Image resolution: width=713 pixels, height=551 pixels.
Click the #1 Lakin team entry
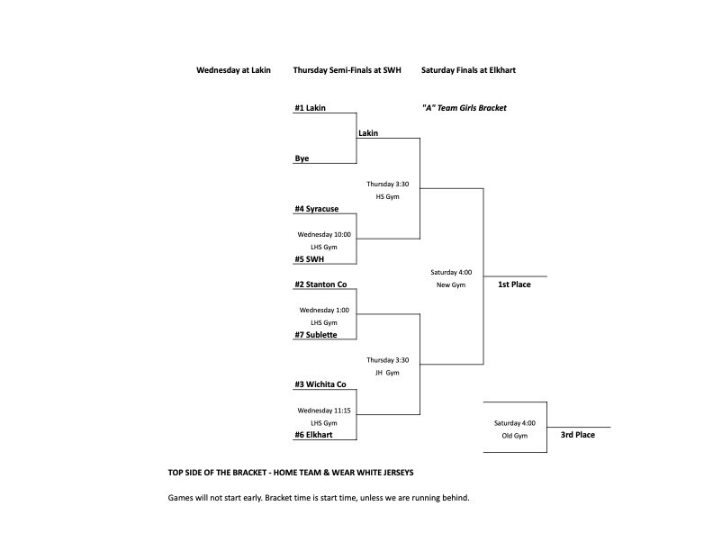(x=310, y=108)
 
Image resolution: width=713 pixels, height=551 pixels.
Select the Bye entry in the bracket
(x=302, y=158)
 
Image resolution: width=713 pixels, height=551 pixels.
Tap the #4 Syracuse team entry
(x=316, y=209)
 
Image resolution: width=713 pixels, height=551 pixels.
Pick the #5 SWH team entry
(x=309, y=259)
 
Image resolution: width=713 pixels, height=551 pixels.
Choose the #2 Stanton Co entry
(x=320, y=285)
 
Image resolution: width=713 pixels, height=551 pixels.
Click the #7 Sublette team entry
(x=316, y=335)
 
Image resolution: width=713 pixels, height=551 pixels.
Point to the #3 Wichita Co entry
(x=320, y=384)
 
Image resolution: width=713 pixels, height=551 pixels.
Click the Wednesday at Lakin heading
(x=233, y=70)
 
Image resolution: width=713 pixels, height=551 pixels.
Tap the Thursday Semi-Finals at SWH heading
(x=347, y=70)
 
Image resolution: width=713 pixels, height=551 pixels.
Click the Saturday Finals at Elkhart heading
(x=468, y=70)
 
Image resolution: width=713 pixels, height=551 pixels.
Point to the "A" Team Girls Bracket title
(x=464, y=108)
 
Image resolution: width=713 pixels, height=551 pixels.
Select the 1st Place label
(x=514, y=285)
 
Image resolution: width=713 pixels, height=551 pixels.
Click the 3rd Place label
(x=578, y=435)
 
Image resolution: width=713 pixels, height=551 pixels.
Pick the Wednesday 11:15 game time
(x=323, y=411)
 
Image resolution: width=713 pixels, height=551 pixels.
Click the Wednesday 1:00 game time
(x=323, y=310)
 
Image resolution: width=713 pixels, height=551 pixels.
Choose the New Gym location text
(x=451, y=285)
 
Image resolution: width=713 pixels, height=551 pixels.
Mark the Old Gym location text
(x=514, y=436)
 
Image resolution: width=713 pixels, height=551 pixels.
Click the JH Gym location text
(x=387, y=373)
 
